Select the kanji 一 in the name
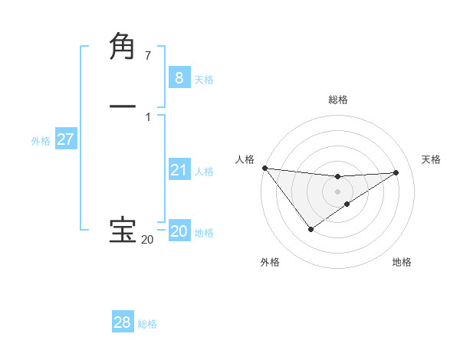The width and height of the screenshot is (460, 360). coord(123,106)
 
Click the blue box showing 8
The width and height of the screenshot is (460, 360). coord(179,78)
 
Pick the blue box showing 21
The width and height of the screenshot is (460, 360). coord(179,170)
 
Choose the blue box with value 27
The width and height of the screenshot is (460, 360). coord(65,139)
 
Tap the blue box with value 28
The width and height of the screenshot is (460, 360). coord(123,322)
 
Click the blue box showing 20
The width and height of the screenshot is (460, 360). coord(179,231)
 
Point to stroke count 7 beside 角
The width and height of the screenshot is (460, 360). coord(148,56)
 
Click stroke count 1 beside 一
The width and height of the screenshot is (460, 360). coord(148,117)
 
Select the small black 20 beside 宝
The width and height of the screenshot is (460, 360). coord(147,240)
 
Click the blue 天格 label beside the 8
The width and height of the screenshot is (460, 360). coord(204,80)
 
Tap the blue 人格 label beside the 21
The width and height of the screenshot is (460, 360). coord(204,172)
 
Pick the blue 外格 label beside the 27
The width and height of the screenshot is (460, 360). coord(41,141)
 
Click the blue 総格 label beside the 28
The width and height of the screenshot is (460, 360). coord(147,324)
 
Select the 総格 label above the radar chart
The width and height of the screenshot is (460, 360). coord(338,100)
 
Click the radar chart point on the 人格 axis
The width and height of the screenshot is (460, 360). coord(264,168)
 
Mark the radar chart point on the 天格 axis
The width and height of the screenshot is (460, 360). coord(396,172)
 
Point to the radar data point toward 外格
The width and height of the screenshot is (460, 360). coord(310,229)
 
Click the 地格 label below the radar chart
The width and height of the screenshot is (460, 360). coord(402,263)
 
